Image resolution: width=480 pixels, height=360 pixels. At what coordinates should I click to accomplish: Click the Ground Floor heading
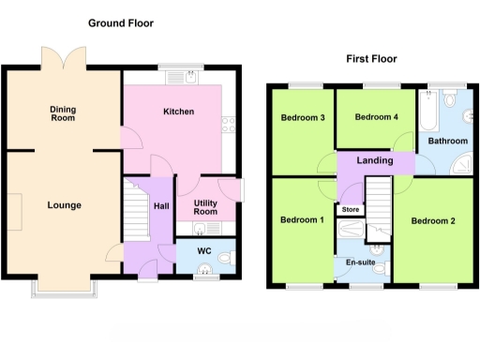tap(121, 22)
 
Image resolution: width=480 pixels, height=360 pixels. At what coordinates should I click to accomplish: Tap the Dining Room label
tap(63, 114)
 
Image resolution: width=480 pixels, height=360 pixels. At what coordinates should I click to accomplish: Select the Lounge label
tap(65, 205)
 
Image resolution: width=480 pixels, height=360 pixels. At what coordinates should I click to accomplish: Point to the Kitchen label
tap(178, 112)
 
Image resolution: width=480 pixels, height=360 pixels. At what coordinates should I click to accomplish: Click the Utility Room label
tap(205, 207)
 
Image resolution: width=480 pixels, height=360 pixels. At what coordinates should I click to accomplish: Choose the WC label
tap(204, 251)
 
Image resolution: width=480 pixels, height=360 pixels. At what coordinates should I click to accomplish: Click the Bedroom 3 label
tap(303, 118)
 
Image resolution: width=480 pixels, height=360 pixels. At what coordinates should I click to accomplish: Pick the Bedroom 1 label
tap(303, 220)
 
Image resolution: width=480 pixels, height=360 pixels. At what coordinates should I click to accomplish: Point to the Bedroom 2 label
tap(432, 221)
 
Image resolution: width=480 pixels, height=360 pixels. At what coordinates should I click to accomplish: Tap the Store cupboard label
tap(351, 209)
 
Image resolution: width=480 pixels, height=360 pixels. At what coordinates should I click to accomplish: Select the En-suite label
tap(360, 262)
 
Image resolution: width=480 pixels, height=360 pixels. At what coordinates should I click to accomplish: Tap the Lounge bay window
tap(63, 288)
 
